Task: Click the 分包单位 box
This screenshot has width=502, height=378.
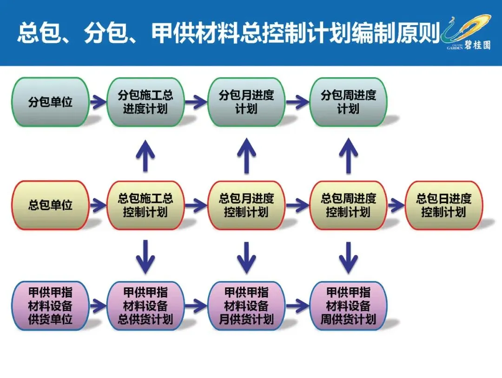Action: click(50, 102)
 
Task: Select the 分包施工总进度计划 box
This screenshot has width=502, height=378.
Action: click(145, 102)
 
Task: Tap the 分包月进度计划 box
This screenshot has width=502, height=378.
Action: click(246, 102)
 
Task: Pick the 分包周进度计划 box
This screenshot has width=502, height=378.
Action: click(348, 102)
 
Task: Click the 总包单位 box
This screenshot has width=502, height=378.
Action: click(50, 205)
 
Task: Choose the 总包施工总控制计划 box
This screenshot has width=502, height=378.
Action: click(145, 205)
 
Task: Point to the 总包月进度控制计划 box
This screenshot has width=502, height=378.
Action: click(246, 205)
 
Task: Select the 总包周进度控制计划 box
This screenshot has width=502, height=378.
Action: click(348, 205)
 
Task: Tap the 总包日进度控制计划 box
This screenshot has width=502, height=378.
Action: click(444, 205)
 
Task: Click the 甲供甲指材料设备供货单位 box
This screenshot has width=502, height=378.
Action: click(50, 306)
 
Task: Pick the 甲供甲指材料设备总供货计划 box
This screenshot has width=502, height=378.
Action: click(145, 306)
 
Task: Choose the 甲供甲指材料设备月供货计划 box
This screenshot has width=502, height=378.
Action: click(246, 306)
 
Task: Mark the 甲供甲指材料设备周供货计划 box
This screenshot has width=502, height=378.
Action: click(348, 306)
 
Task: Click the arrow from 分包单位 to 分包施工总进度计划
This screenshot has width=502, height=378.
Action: click(98, 101)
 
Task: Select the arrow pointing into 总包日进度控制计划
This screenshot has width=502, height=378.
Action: click(396, 205)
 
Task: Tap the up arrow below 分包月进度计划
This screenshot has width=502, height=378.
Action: click(247, 156)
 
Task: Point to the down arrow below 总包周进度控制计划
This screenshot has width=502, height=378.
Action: click(349, 257)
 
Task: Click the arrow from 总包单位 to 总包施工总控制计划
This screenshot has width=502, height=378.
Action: click(98, 205)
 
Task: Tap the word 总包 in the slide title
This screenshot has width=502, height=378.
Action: click(33, 33)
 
